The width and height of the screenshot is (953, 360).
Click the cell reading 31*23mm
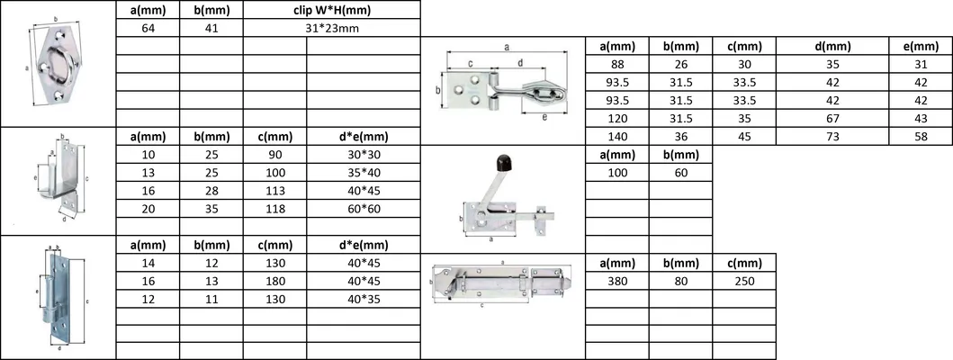332,28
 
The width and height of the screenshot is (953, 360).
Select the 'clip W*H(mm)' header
332,10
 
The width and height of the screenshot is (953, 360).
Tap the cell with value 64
147,28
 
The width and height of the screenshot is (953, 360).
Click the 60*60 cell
364,208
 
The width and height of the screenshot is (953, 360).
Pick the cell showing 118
274,208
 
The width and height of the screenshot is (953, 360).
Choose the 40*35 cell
364,298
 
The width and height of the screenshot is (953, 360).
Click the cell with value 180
274,280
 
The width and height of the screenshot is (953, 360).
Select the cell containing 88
617,64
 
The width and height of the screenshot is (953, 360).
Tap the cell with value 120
617,118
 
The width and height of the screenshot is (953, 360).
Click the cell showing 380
617,280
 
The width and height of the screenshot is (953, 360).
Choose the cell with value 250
743,280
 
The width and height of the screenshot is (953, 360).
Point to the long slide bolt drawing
500,283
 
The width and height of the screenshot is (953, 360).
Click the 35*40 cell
364,172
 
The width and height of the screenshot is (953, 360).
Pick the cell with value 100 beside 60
617,172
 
